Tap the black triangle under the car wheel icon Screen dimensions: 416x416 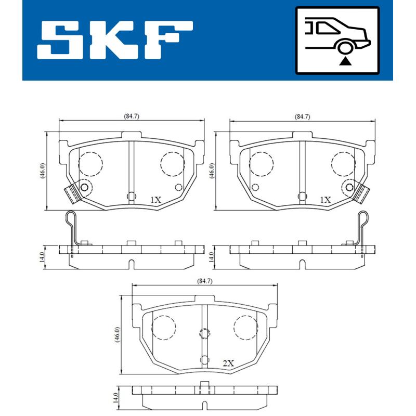(x=345, y=62)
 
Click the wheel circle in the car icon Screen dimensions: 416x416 (x=345, y=48)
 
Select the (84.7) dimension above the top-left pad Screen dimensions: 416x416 (x=132, y=116)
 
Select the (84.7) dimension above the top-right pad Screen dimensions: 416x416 (x=302, y=116)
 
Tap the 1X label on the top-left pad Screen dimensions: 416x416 (x=155, y=200)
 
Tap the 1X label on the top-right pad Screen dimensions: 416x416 (x=325, y=200)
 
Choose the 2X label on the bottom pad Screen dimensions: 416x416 (x=228, y=364)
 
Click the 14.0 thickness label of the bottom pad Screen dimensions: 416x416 (x=118, y=399)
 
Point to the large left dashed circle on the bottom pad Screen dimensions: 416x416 (x=163, y=327)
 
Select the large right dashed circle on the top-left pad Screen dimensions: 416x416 (x=173, y=164)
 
